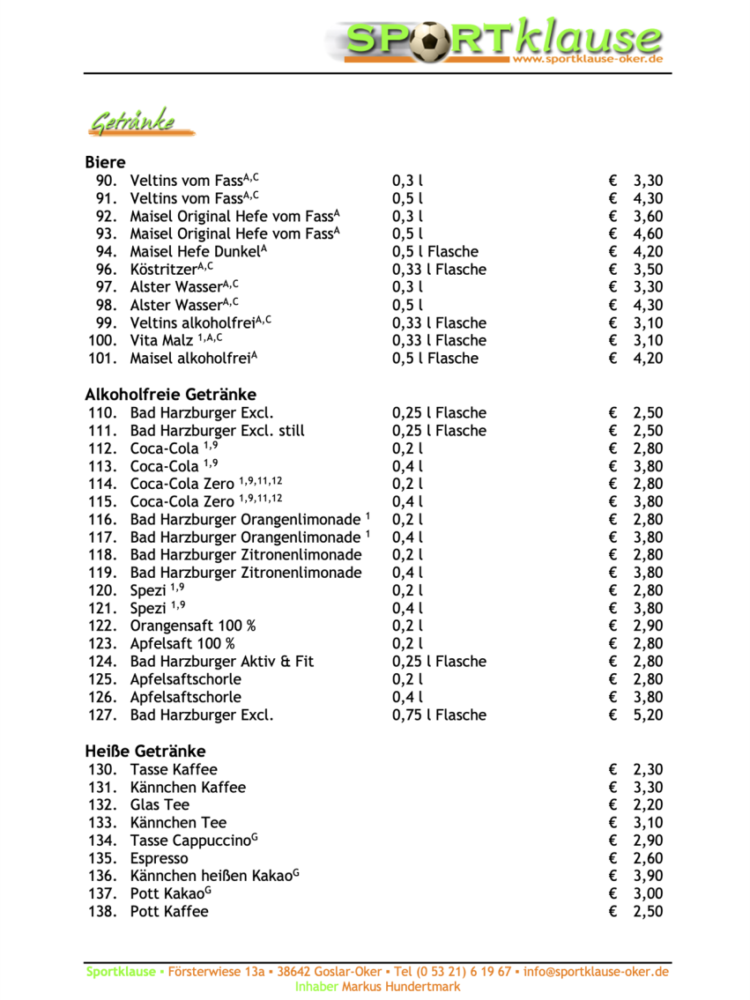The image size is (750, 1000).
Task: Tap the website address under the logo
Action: click(x=587, y=59)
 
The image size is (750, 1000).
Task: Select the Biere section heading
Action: click(x=105, y=162)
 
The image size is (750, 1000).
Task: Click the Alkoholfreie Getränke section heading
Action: click(x=170, y=394)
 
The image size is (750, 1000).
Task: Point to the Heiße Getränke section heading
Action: click(x=145, y=751)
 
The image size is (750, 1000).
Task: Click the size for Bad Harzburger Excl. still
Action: click(x=438, y=431)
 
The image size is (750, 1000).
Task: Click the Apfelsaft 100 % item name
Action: click(x=182, y=643)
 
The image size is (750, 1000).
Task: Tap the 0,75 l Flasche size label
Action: click(x=438, y=715)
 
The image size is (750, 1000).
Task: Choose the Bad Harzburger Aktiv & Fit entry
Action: click(x=221, y=661)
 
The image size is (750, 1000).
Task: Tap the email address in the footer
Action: click(x=596, y=972)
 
